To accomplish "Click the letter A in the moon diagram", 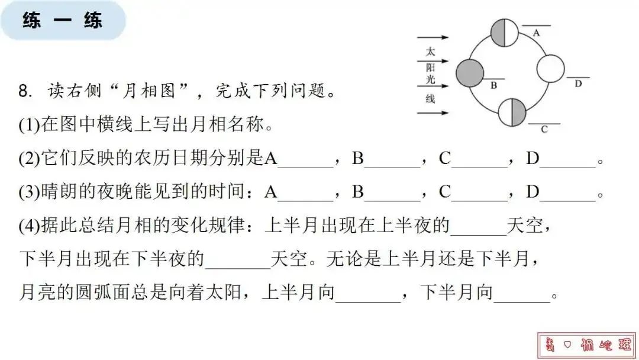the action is point(536,33).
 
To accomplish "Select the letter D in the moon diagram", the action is point(578,83).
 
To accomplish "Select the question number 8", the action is point(24,92).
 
